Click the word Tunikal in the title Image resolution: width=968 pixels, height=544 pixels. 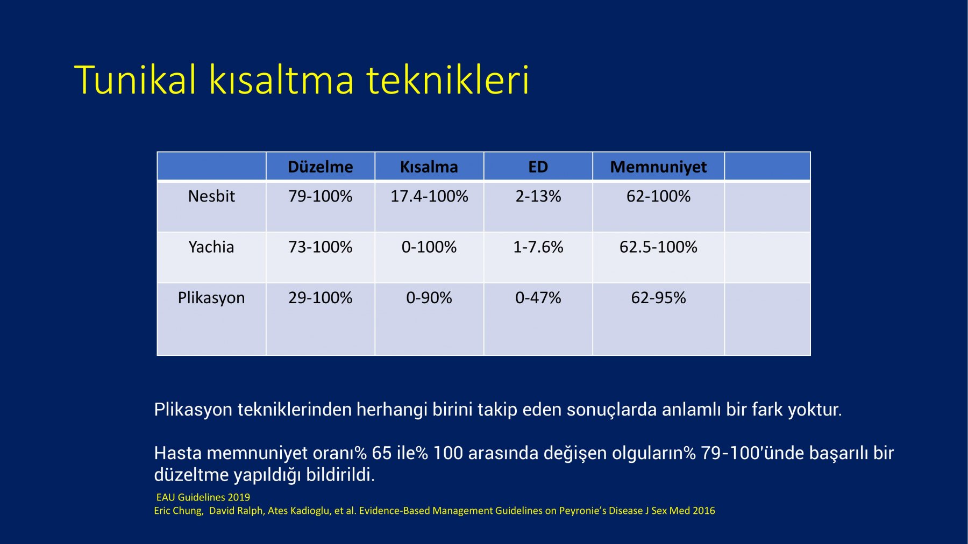[136, 80]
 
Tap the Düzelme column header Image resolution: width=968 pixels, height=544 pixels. [321, 167]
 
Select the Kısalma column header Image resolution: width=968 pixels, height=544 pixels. [429, 167]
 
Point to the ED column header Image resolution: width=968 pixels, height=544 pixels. [538, 167]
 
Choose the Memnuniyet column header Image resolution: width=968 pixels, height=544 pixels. [658, 167]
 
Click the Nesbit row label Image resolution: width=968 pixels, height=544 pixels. [211, 196]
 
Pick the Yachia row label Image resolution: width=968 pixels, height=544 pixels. [211, 247]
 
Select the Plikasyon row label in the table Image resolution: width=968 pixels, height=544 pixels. [211, 298]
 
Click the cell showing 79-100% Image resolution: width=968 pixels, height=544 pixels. [321, 196]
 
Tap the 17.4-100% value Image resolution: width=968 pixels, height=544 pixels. [429, 196]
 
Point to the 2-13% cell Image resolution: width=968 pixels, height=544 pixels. [538, 196]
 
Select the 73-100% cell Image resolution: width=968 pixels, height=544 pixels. [321, 247]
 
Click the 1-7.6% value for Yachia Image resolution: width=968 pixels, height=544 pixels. [538, 247]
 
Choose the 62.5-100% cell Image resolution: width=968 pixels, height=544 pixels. [658, 247]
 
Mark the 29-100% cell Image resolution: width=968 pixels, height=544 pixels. [321, 297]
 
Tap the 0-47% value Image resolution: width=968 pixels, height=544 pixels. [538, 297]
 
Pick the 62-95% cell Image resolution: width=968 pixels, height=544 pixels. [658, 297]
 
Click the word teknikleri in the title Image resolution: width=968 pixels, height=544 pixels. [448, 80]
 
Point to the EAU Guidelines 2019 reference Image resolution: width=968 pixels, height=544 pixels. [203, 497]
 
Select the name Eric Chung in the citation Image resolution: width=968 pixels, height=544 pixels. [179, 511]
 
